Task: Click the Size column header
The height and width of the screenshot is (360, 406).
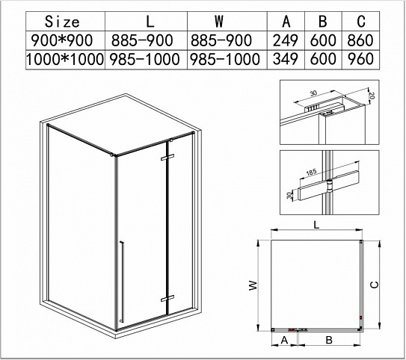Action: coord(62,22)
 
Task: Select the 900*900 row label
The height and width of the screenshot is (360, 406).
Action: coord(61,40)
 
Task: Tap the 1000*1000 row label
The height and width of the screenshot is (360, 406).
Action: coord(65,59)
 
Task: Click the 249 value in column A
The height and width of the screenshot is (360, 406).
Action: coord(286,40)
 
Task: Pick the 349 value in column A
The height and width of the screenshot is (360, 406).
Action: coord(286,59)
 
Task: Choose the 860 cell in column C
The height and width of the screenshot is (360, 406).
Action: coord(360,40)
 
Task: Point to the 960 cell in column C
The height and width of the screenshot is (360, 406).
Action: coord(360,59)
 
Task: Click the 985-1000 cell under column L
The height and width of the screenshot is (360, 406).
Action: coord(144,59)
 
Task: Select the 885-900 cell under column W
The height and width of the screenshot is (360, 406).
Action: coord(221,40)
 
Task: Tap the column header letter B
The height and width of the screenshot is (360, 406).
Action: coord(322,22)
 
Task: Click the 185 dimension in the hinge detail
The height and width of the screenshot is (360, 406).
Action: coord(312,172)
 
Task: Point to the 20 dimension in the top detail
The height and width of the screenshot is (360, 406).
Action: coord(372,96)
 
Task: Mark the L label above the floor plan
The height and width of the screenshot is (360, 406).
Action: coord(316,225)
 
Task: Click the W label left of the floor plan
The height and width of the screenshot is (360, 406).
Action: coord(253,285)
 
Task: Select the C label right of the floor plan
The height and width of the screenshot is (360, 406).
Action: coord(375,285)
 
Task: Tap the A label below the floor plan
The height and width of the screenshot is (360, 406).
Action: coord(285,340)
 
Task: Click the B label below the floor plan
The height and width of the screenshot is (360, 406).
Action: coord(329,340)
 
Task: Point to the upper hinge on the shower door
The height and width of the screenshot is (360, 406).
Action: coord(167,157)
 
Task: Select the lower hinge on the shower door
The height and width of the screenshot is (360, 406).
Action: coord(167,298)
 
